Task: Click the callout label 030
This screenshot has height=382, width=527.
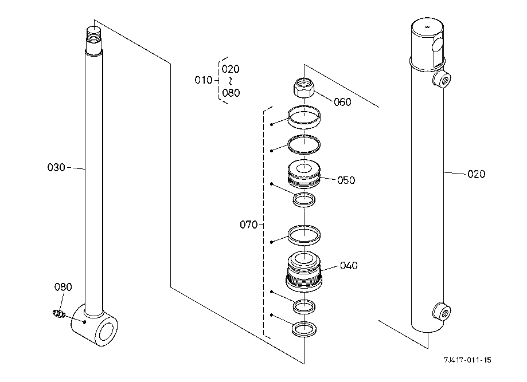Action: point(56,167)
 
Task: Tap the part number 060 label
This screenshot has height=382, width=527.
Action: point(342,102)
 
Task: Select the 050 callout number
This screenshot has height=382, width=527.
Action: point(346,180)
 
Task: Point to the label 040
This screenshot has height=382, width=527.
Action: point(349,266)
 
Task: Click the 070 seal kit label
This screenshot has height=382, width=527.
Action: point(249,225)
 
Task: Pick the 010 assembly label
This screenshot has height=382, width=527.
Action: point(204,80)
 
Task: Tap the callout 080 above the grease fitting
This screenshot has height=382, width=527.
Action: point(63,287)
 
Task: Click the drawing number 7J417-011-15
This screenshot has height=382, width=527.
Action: point(467,360)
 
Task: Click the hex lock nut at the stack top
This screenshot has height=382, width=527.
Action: point(304,87)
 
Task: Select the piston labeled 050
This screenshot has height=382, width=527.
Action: point(304,174)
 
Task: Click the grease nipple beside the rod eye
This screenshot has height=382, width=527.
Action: point(59,314)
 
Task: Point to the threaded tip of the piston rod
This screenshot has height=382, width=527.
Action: point(94,38)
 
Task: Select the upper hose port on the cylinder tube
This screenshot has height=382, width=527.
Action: point(442,80)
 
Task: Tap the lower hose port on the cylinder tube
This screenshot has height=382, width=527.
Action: point(442,311)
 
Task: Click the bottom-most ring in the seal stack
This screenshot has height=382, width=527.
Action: point(304,329)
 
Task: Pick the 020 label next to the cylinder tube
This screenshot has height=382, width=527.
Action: point(476,174)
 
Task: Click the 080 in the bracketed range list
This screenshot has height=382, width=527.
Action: point(231,93)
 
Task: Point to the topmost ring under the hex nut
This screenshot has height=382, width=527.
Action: point(304,117)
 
